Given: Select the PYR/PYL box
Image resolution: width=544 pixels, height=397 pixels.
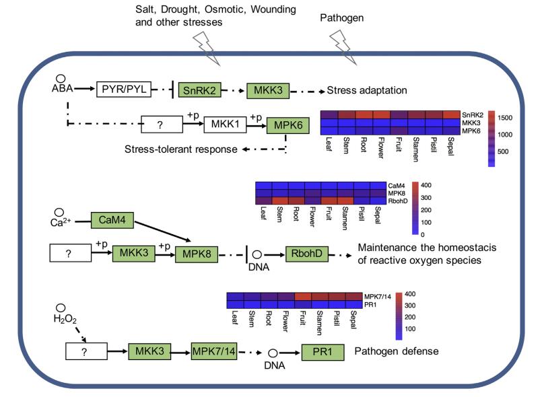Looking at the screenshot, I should (123, 89).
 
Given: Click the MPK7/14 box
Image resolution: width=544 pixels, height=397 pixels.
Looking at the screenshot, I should (215, 351).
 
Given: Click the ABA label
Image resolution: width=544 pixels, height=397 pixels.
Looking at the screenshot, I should (60, 89).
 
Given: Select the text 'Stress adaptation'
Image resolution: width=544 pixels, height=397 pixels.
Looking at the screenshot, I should (367, 90).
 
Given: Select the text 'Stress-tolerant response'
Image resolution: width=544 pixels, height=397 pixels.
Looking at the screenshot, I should (181, 149).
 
